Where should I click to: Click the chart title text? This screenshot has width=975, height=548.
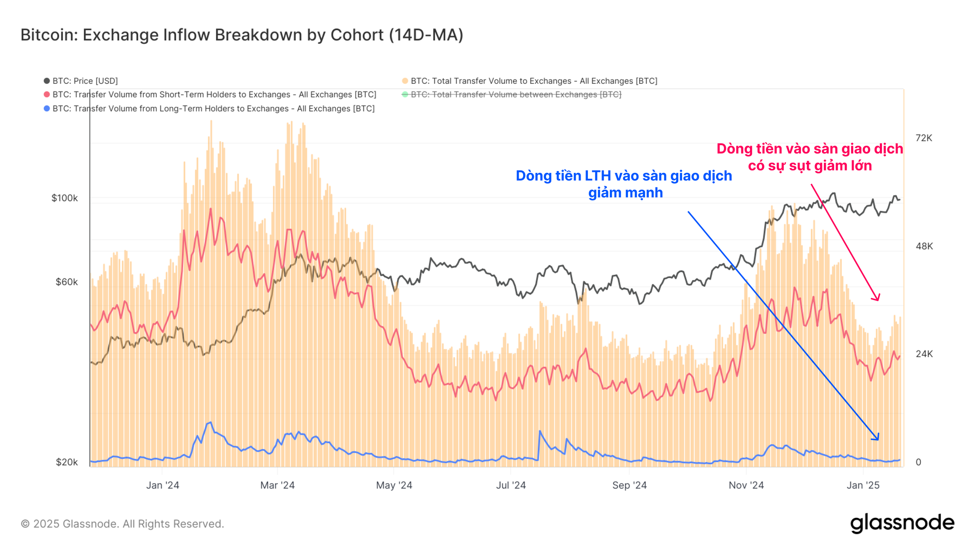point(242,35)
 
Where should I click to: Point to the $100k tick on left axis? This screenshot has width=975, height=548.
point(65,198)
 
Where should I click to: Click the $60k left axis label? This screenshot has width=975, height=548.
point(66,282)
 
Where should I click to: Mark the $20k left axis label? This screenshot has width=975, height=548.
point(66,462)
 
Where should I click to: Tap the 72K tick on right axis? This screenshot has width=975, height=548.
point(924,138)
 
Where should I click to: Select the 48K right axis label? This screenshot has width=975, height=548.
point(924,246)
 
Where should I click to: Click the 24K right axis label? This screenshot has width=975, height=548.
point(924,354)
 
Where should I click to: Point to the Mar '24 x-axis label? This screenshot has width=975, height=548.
point(277,485)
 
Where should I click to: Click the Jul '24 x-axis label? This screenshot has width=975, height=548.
point(511,485)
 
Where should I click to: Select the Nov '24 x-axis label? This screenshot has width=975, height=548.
point(746,485)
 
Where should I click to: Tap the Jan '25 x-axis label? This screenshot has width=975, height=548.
point(863,485)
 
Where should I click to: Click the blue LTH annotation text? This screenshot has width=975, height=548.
point(624,184)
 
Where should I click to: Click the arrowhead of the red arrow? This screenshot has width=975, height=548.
point(877,299)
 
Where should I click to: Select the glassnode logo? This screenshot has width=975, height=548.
point(902,523)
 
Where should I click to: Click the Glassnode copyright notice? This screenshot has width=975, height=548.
point(122,524)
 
